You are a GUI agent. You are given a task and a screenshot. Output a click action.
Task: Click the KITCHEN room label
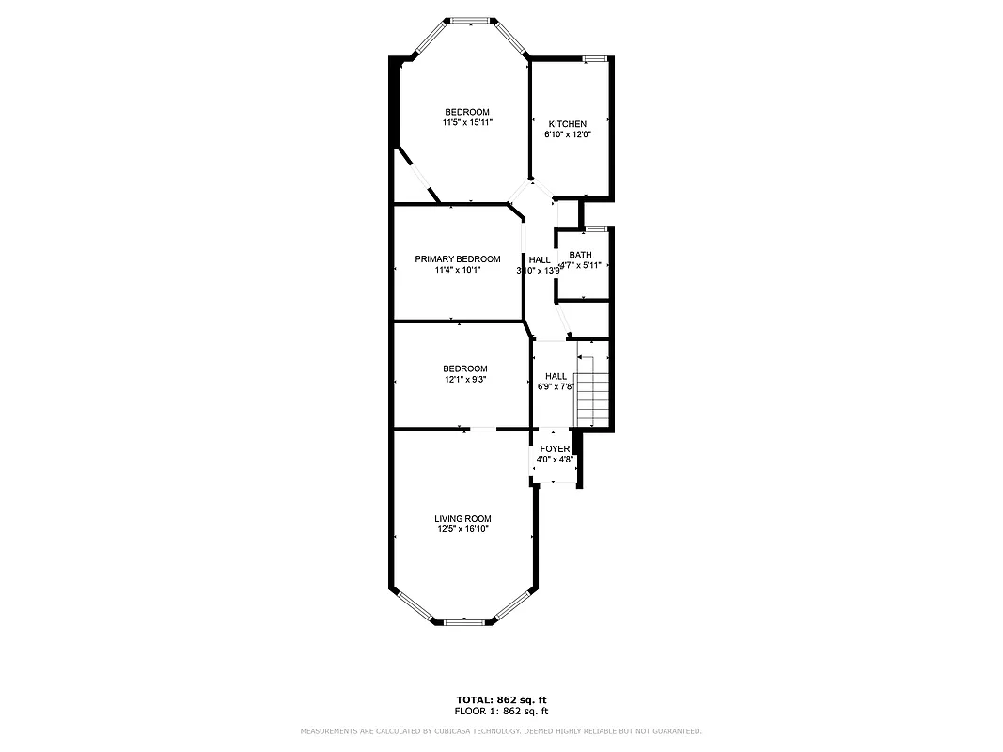pyautogui.click(x=568, y=124)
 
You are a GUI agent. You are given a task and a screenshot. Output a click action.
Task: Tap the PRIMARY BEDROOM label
pyautogui.click(x=458, y=258)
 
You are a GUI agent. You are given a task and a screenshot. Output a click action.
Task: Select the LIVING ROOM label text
pyautogui.click(x=462, y=518)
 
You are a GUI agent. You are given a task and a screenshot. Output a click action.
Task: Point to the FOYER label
pyautogui.click(x=555, y=449)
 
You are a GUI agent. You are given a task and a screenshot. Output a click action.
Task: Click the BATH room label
pyautogui.click(x=580, y=255)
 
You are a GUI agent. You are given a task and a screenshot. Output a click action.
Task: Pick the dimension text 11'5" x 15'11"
pyautogui.click(x=467, y=122)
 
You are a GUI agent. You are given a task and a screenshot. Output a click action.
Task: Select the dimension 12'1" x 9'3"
pyautogui.click(x=465, y=379)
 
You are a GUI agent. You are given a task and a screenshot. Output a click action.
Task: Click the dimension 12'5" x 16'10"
pyautogui.click(x=462, y=529)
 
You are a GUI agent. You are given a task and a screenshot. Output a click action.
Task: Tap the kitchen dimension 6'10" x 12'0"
pyautogui.click(x=568, y=134)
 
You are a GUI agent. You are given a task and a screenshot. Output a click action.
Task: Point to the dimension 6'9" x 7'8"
pyautogui.click(x=556, y=386)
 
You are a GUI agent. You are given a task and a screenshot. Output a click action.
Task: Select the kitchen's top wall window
pyautogui.click(x=593, y=59)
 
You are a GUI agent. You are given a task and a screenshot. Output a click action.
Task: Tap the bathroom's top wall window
pyautogui.click(x=594, y=228)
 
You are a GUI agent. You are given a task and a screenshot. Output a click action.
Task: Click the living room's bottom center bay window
pyautogui.click(x=462, y=621)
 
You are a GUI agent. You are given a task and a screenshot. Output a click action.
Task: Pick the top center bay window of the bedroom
pyautogui.click(x=467, y=19)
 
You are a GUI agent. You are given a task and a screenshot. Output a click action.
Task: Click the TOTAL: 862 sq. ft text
pyautogui.click(x=501, y=700)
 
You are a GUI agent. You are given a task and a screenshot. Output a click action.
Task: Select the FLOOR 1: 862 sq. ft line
pyautogui.click(x=501, y=711)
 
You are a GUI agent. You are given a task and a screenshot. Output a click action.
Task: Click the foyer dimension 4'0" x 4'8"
pyautogui.click(x=555, y=460)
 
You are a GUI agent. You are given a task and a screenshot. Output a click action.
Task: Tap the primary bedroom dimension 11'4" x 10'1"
pyautogui.click(x=458, y=270)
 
